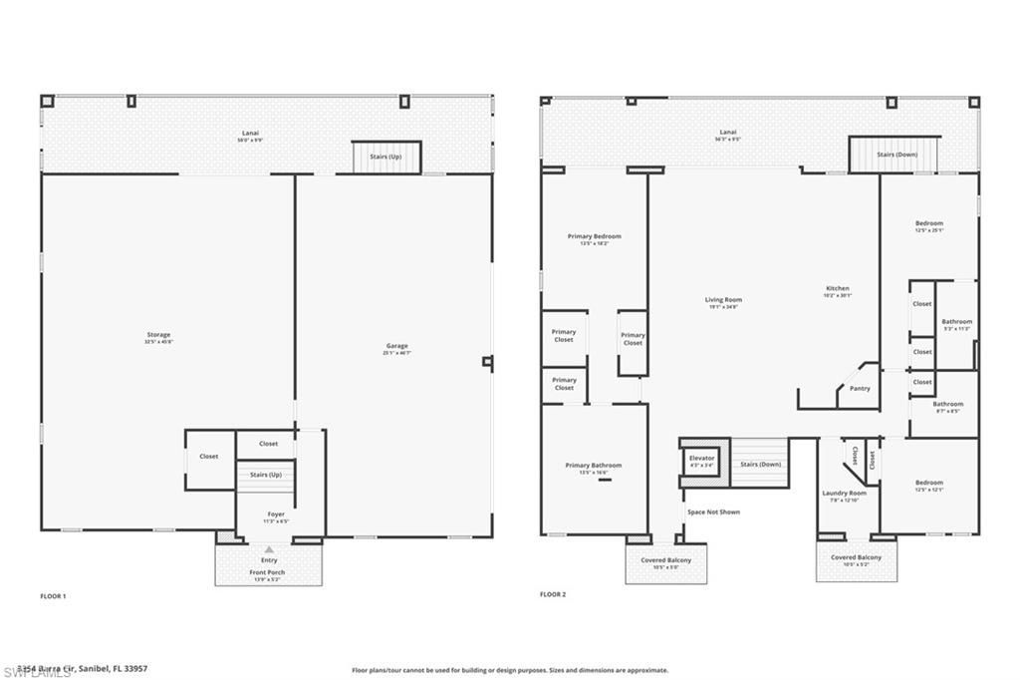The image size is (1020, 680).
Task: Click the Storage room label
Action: pyautogui.click(x=157, y=335)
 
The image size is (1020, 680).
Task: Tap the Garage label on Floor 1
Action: pyautogui.click(x=397, y=347)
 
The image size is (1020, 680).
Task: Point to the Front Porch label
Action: pyautogui.click(x=268, y=572)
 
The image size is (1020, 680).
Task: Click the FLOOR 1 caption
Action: pyautogui.click(x=52, y=595)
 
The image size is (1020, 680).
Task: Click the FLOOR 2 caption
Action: pyautogui.click(x=553, y=594)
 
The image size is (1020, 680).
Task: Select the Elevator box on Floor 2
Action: pyautogui.click(x=702, y=460)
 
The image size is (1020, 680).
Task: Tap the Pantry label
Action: pyautogui.click(x=860, y=388)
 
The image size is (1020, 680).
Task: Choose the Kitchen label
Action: pyautogui.click(x=837, y=289)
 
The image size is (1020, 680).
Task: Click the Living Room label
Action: pyautogui.click(x=723, y=300)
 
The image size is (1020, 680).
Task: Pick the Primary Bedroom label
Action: pyautogui.click(x=595, y=236)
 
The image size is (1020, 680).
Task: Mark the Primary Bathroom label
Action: pyautogui.click(x=594, y=466)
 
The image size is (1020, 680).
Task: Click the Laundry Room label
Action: pyautogui.click(x=844, y=494)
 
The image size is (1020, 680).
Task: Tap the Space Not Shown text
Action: pyautogui.click(x=713, y=511)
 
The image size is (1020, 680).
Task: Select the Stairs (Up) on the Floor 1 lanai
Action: pyautogui.click(x=385, y=157)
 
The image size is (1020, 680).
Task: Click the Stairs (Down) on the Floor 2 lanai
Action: pyautogui.click(x=896, y=155)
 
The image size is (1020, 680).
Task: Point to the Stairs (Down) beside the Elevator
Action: pyautogui.click(x=760, y=465)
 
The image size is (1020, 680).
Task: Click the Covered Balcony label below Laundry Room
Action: pyautogui.click(x=856, y=557)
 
